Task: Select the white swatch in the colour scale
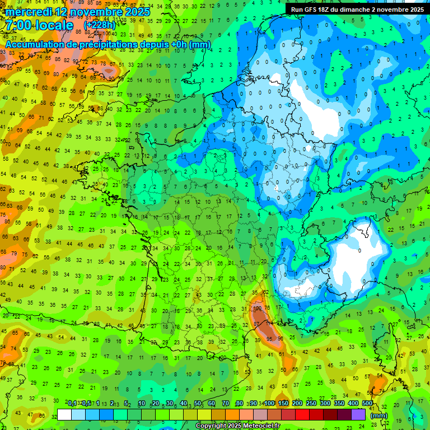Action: pyautogui.click(x=64, y=414)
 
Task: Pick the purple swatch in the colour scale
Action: pyautogui.click(x=358, y=414)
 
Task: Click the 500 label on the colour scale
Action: pyautogui.click(x=367, y=404)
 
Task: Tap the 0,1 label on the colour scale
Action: pyautogui.click(x=72, y=404)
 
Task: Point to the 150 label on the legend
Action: pyautogui.click(x=283, y=404)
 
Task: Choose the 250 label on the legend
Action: pyautogui.click(x=311, y=404)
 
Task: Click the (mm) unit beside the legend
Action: pyautogui.click(x=379, y=415)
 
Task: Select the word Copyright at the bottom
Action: pyautogui.click(x=212, y=426)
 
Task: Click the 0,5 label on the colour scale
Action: pyautogui.click(x=85, y=404)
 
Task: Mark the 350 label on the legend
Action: pyautogui.click(x=339, y=404)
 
